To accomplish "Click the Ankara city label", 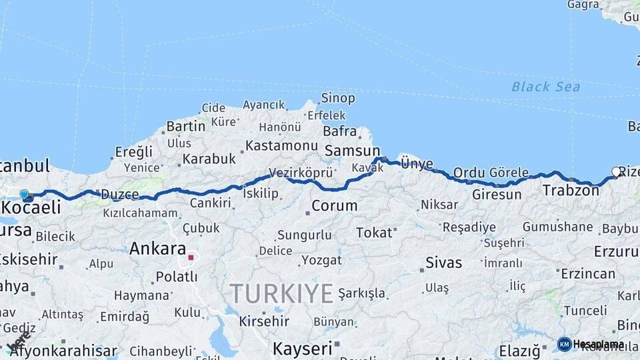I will (x=157, y=249).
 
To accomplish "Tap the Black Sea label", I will (x=545, y=87).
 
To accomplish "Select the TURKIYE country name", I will (x=281, y=293).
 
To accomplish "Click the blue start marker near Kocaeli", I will (x=25, y=195).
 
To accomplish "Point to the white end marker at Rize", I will (x=616, y=172).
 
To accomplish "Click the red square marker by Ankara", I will (x=191, y=257).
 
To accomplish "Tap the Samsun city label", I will (x=352, y=151).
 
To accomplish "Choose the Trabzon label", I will (x=571, y=191).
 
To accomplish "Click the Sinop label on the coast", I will (x=338, y=99).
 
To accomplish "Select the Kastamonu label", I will (x=281, y=145).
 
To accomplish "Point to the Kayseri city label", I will (x=302, y=348).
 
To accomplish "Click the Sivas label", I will (x=444, y=262).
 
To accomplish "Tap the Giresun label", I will (x=497, y=195).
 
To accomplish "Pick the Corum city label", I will (x=335, y=206).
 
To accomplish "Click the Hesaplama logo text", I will (x=598, y=344).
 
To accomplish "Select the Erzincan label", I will (x=588, y=274).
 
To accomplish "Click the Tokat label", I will (x=374, y=233).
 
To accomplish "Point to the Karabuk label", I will (x=209, y=159).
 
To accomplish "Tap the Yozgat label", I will (x=321, y=260).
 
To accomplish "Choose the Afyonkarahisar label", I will (x=63, y=351).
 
